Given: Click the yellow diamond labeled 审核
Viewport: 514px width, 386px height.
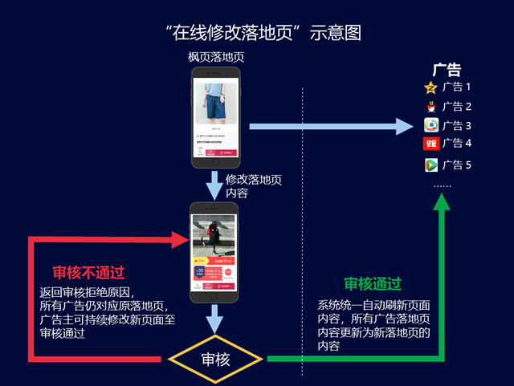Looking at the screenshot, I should tap(214, 359).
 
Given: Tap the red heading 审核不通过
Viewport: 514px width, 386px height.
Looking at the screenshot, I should tap(88, 272).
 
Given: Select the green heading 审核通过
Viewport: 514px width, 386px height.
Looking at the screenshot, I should tap(373, 284).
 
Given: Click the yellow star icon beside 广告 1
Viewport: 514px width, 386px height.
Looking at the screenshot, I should tap(431, 87).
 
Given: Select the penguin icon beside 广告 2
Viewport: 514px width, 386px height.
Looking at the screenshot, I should tap(431, 106).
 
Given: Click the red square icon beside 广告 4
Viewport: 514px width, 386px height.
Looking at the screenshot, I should tap(431, 144).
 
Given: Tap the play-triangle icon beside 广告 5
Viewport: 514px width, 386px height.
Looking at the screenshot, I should tap(431, 165).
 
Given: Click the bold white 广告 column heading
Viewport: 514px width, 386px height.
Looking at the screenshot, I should tap(447, 70).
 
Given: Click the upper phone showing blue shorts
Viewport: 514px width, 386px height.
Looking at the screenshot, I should tap(216, 117).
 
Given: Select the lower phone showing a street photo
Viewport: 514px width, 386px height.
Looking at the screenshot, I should tap(214, 252).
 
